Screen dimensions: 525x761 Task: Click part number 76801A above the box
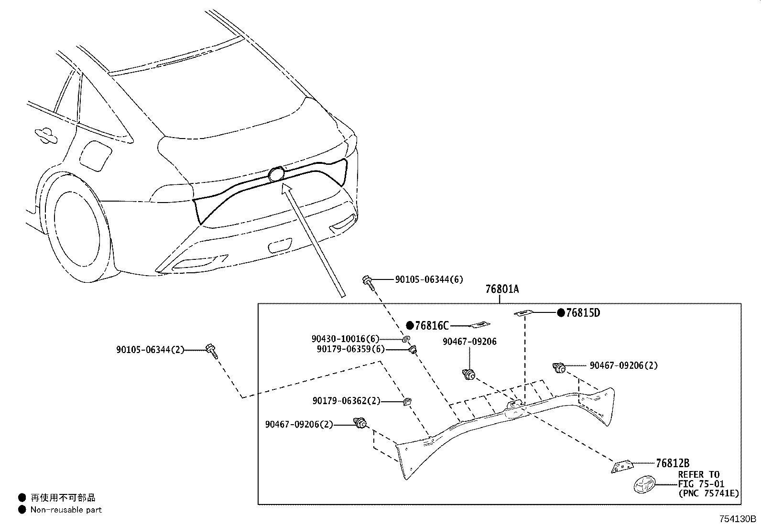[x=502, y=289]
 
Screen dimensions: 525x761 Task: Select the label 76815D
[x=582, y=313]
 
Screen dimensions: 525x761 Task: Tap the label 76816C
[x=432, y=326]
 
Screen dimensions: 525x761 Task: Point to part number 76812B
[x=673, y=463]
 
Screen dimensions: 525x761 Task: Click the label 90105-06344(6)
[x=429, y=280]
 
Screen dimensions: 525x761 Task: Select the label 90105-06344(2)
[x=150, y=350]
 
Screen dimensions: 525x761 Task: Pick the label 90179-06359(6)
[x=350, y=349]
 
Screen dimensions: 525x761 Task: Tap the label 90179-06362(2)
[x=347, y=401]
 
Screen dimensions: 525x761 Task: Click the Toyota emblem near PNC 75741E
[x=644, y=486]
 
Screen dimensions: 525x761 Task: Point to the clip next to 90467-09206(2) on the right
[x=558, y=367]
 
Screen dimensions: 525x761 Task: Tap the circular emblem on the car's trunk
[x=276, y=174]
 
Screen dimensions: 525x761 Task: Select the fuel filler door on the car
[x=96, y=155]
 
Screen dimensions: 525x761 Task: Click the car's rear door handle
[x=46, y=135]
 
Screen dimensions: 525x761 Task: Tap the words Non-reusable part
[x=66, y=510]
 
